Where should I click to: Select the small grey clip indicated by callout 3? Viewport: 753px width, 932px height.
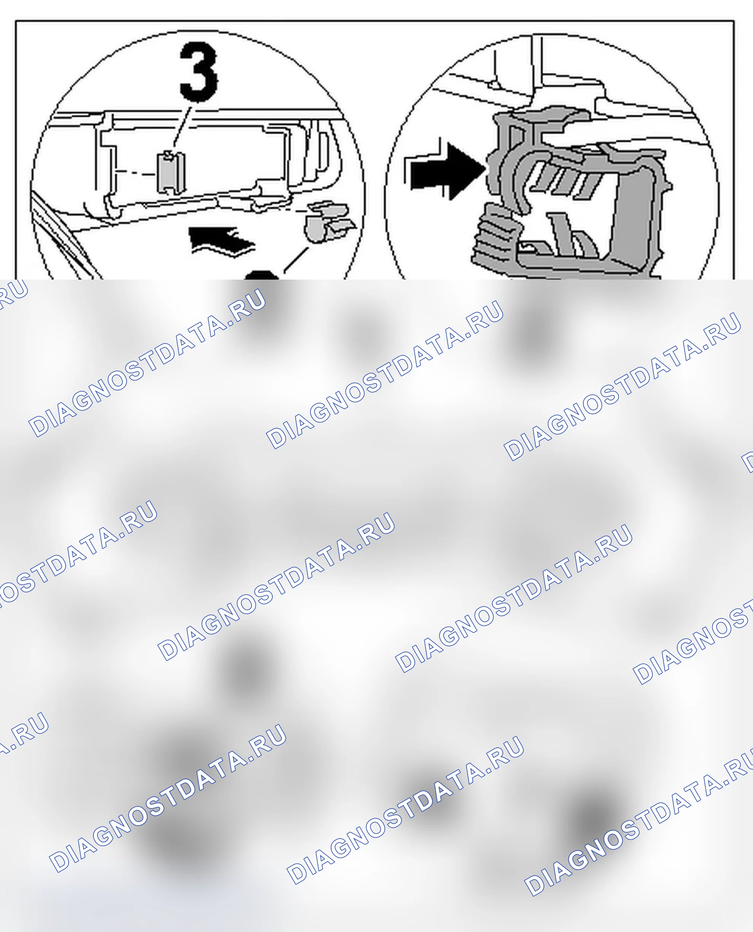coord(170,172)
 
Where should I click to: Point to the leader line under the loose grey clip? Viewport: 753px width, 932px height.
coord(296,260)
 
